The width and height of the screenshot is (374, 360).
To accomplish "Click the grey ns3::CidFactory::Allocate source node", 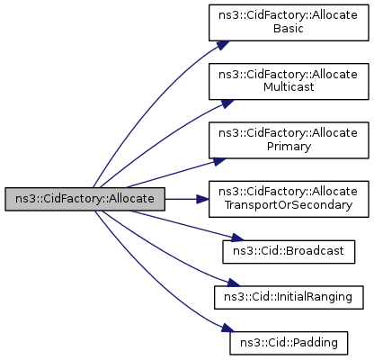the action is click(x=85, y=199).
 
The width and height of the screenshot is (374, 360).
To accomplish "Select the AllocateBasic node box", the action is click(x=289, y=22).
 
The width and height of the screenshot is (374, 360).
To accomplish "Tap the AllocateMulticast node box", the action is click(x=289, y=81).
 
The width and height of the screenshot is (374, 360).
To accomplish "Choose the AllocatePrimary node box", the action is click(x=289, y=140).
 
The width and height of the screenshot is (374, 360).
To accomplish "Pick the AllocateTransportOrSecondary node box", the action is click(x=289, y=199).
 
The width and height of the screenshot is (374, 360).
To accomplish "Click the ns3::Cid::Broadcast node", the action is click(x=289, y=252).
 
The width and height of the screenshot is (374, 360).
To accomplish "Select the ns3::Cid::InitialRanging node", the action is click(x=289, y=297).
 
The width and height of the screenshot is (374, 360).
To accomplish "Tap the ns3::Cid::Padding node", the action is click(x=289, y=343).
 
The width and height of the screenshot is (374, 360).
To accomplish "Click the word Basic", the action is click(x=289, y=29).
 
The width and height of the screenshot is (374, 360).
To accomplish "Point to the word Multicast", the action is click(x=289, y=87).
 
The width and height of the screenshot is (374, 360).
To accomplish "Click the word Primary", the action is click(x=289, y=147).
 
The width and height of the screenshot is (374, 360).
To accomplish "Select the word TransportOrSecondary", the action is click(x=289, y=205).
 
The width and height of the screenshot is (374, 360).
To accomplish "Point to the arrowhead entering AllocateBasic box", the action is click(x=223, y=45).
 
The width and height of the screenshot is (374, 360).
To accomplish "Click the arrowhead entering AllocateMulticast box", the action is click(x=227, y=103).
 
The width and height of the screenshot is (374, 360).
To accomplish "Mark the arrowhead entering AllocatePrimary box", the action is click(x=219, y=161).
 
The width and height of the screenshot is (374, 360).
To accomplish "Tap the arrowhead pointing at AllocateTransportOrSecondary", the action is click(x=202, y=199).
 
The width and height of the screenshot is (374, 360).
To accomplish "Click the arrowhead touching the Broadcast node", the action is click(x=238, y=238).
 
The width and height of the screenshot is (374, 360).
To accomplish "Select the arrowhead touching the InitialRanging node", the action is click(x=234, y=283).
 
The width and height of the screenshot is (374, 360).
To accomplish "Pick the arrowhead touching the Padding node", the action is click(x=228, y=328).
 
